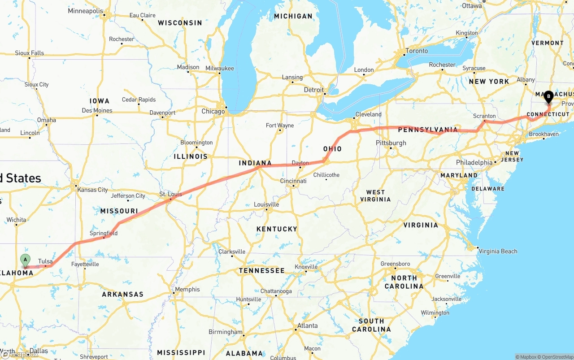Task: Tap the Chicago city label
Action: click(213, 111)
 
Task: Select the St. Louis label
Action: click(171, 194)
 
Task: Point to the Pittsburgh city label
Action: click(391, 143)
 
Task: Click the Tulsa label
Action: click(45, 261)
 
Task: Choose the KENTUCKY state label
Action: click(277, 229)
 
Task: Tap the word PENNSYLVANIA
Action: click(428, 130)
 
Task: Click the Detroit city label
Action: click(314, 90)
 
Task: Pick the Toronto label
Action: click(417, 51)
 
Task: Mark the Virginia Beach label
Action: click(498, 251)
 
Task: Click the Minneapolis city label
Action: click(85, 11)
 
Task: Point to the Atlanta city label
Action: click(308, 326)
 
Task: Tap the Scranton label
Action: click(484, 116)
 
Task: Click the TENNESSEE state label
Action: click(261, 271)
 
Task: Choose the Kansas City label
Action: click(93, 190)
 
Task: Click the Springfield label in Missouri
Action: click(104, 233)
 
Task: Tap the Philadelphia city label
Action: click(474, 162)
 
